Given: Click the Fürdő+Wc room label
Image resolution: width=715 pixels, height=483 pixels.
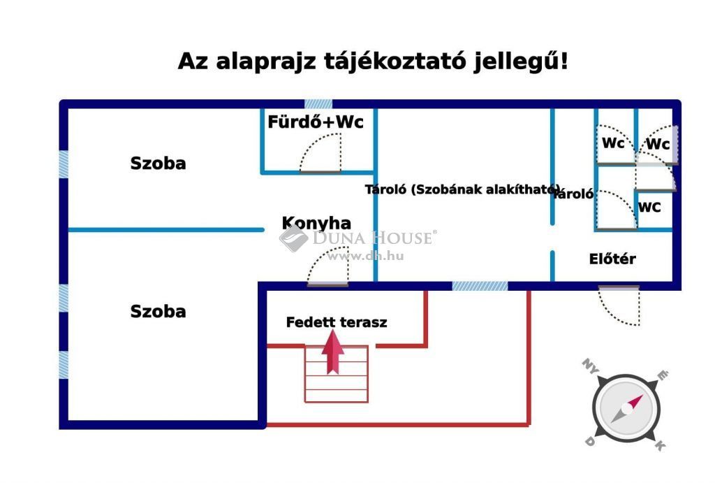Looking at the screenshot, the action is click(x=316, y=122).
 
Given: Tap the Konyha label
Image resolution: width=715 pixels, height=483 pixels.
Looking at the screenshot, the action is click(x=316, y=223).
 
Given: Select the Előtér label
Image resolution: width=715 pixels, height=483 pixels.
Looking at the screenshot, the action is click(x=612, y=259).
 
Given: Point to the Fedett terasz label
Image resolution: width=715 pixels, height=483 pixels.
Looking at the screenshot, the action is click(x=337, y=322).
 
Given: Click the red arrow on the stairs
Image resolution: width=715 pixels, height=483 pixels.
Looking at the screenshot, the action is click(x=333, y=352).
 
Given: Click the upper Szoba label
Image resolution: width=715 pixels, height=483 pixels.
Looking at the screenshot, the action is click(x=159, y=164).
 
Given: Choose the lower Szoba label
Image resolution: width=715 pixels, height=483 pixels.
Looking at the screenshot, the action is click(x=159, y=311).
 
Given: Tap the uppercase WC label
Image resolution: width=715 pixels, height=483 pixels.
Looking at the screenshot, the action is click(x=649, y=208).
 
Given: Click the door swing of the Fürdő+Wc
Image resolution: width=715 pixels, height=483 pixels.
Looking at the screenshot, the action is click(x=320, y=153).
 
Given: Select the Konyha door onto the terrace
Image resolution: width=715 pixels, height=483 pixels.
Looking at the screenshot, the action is click(x=328, y=266).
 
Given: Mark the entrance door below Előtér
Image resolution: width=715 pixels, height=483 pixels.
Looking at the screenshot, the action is click(x=619, y=305).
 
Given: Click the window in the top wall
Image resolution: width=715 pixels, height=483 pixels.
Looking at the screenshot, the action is click(x=318, y=103).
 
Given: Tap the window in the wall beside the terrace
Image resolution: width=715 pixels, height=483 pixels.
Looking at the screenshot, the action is click(x=480, y=286).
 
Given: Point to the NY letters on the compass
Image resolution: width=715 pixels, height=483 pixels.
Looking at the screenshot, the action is click(x=591, y=366).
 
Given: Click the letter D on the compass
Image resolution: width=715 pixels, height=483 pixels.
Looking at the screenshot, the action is click(x=589, y=441).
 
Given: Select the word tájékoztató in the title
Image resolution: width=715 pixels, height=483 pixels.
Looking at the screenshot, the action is click(x=395, y=62).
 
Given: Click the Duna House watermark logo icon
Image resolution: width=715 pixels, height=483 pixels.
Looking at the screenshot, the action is click(x=293, y=238).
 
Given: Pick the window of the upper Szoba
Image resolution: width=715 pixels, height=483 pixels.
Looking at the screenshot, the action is click(x=64, y=164).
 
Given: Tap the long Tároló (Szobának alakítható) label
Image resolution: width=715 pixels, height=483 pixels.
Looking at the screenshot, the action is click(x=462, y=189).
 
